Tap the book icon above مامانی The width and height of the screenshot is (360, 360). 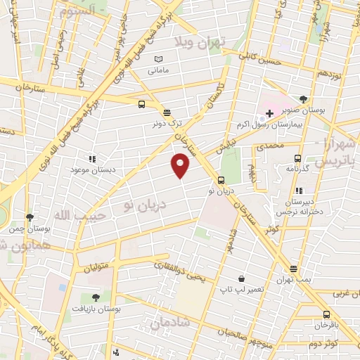(158, 60)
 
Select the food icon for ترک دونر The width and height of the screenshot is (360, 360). (167, 112)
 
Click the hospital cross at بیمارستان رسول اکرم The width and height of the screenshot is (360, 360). (269, 112)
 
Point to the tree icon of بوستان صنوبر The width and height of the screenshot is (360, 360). (303, 99)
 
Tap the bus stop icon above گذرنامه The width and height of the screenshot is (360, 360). (297, 159)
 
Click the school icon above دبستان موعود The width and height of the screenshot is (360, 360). (91, 160)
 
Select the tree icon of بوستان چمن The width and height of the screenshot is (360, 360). (29, 218)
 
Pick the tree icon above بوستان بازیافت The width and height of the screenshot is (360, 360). (96, 298)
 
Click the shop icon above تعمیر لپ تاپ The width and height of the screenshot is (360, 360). (241, 279)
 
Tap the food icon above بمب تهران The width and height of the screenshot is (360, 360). (293, 269)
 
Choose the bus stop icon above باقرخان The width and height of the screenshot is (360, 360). (326, 314)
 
